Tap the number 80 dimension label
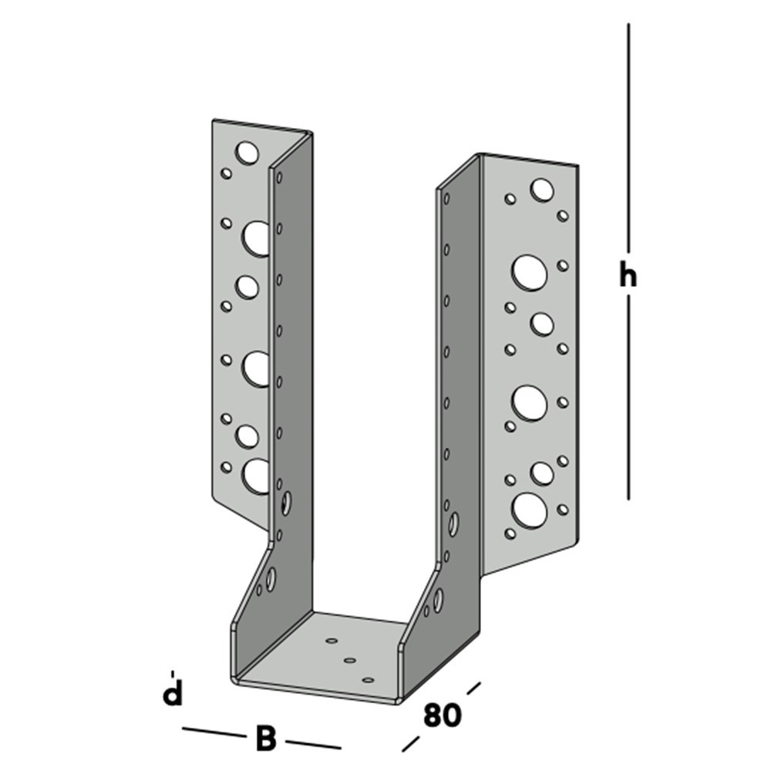[x=443, y=715]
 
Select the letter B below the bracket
[x=265, y=739]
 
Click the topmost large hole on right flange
[x=541, y=189]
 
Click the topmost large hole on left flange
[x=247, y=153]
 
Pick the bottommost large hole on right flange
[x=530, y=510]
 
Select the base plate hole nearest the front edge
[x=368, y=680]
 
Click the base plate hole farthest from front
[x=332, y=641]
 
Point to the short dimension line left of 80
[x=411, y=743]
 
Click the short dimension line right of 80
[x=473, y=687]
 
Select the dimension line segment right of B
[x=312, y=744]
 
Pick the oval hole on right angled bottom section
[x=438, y=598]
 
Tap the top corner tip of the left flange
[x=214, y=120]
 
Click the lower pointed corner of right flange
[x=483, y=574]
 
